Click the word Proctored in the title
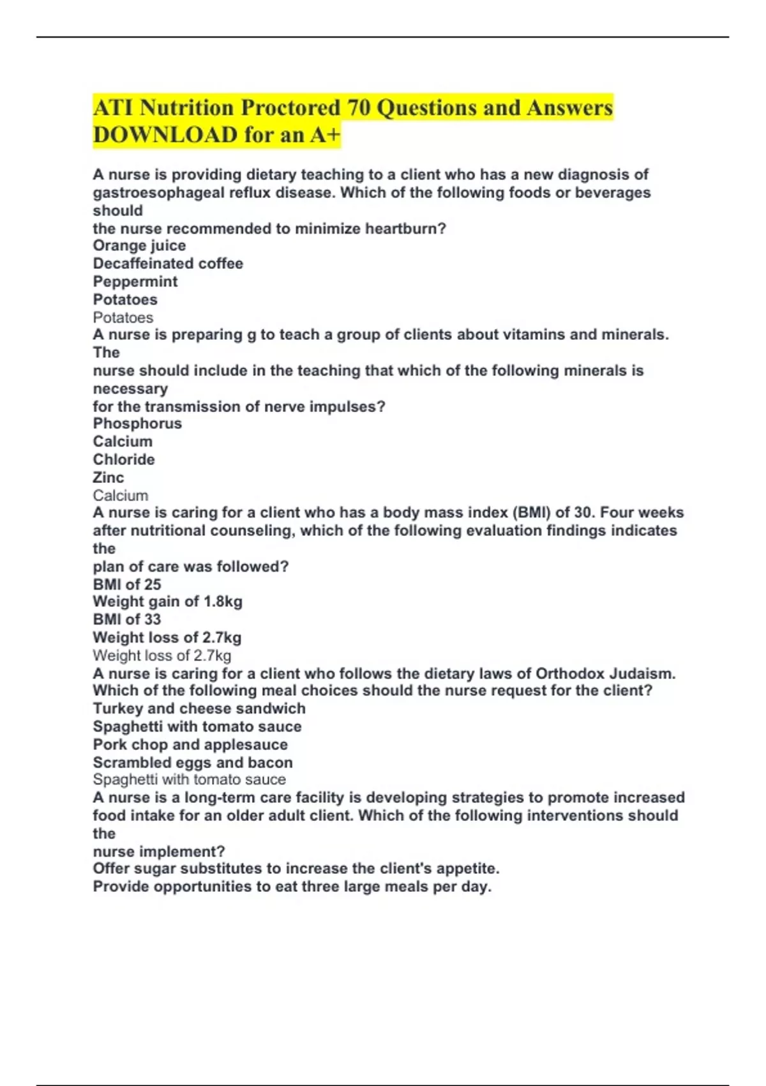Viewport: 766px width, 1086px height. (x=290, y=108)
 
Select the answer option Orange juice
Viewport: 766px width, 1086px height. (x=139, y=246)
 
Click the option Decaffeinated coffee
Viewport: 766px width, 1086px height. (x=168, y=264)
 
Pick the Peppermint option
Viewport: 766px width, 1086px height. (x=135, y=282)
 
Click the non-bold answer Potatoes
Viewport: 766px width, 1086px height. (x=123, y=317)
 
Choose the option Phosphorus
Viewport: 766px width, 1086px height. (x=137, y=424)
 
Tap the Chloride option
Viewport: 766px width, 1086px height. (x=124, y=459)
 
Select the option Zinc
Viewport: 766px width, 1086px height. (x=109, y=477)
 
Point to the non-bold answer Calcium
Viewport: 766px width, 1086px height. (x=121, y=496)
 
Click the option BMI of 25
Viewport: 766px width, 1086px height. (x=127, y=585)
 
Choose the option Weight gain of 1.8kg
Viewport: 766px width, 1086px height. (x=167, y=602)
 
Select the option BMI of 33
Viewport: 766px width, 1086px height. (x=127, y=620)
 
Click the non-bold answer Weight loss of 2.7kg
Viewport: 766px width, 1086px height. (x=162, y=655)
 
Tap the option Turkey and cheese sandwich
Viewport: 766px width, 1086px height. (x=199, y=708)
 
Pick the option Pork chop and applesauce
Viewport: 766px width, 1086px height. (x=190, y=745)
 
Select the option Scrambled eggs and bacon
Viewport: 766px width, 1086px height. (x=193, y=763)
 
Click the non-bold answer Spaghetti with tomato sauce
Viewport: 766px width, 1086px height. (x=190, y=779)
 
